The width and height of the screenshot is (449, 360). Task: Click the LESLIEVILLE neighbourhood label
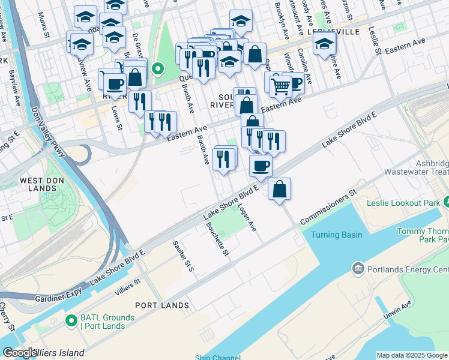(333, 31)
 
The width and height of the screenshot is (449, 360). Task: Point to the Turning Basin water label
(336, 235)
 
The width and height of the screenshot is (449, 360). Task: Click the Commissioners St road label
(328, 207)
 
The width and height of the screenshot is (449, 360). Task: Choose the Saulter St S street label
(182, 255)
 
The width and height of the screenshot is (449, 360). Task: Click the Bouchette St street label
(217, 239)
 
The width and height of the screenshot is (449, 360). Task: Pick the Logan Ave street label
(247, 218)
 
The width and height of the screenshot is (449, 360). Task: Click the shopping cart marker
(280, 86)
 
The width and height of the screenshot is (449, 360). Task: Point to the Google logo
(20, 353)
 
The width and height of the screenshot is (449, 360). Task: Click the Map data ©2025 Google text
(412, 355)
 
